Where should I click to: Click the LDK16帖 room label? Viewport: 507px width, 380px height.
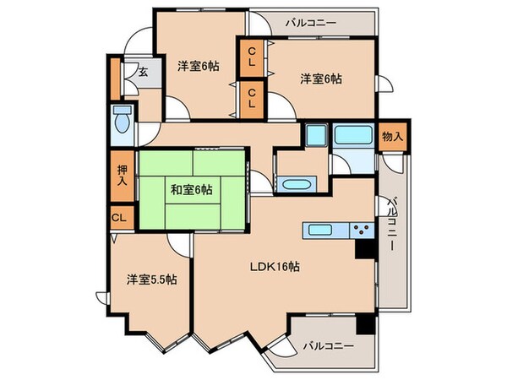pos(274,267)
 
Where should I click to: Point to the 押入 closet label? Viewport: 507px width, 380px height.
pos(122,175)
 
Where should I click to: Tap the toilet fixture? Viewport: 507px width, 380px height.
pos(121,122)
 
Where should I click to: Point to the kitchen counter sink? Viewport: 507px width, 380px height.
pos(321,229)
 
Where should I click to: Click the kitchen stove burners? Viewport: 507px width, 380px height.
pos(363,229)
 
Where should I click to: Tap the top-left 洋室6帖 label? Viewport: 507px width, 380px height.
pos(199,66)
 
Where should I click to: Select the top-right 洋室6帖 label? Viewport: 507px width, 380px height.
pos(321,79)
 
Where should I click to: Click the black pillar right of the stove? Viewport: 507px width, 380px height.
pos(364,249)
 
